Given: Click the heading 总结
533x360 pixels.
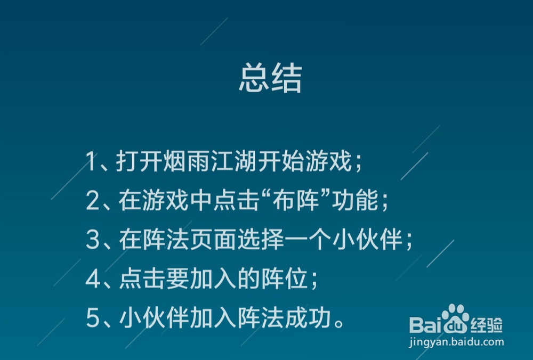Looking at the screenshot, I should (x=270, y=79).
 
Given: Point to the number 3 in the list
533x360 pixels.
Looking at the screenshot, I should (x=93, y=240).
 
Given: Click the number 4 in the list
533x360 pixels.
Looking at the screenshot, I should (x=93, y=280).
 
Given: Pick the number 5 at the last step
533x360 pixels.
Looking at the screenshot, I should (x=93, y=318).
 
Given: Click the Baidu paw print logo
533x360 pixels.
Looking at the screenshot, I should (x=454, y=318).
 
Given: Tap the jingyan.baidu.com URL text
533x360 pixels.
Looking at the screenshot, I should (x=456, y=342).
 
